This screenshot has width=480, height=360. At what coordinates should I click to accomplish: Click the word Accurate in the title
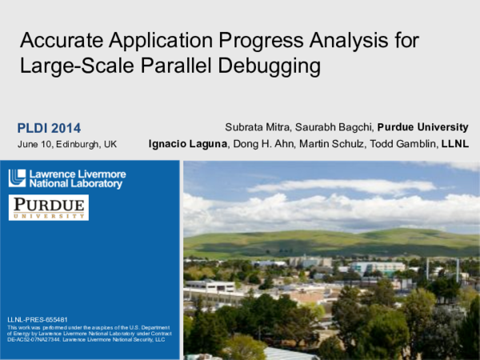pos(57,40)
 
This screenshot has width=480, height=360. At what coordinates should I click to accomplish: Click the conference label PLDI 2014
pos(49,127)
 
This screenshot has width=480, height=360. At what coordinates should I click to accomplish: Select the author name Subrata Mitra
pos(256,127)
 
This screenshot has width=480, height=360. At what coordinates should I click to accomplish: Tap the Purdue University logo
pos(48,207)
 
